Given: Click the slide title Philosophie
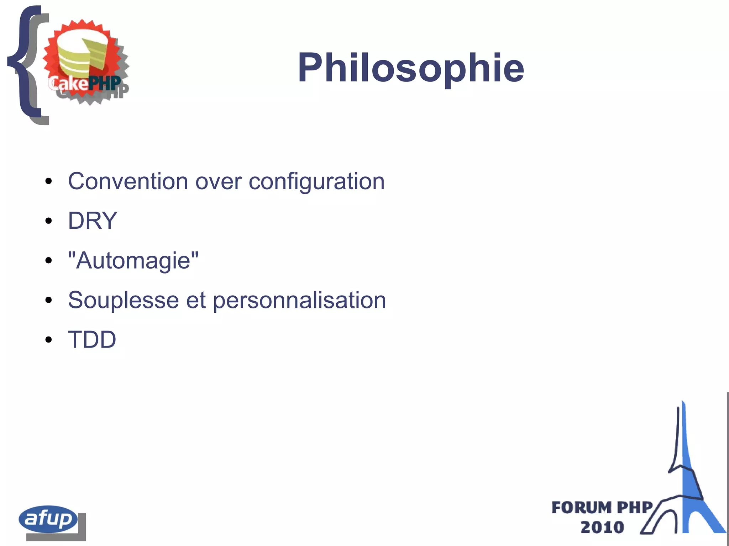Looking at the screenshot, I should click(411, 68).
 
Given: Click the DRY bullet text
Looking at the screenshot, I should click(93, 221).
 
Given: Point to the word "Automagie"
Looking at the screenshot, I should click(133, 260).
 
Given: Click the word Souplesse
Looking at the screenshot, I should click(123, 300).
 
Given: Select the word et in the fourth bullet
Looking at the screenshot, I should click(196, 300).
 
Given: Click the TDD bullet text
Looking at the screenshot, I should click(92, 339).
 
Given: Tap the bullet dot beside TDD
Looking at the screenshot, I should click(49, 340).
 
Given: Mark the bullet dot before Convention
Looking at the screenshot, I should click(49, 182).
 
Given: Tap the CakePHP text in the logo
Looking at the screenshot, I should click(85, 83).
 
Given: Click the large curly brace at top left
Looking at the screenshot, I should click(25, 64).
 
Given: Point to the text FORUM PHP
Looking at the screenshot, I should click(602, 508).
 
